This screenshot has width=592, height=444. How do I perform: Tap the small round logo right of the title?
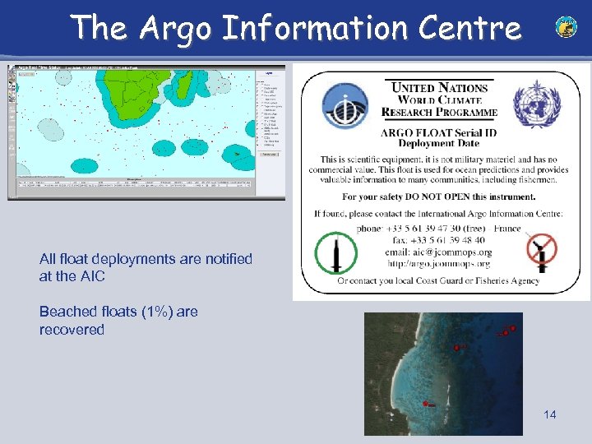coord(566,27)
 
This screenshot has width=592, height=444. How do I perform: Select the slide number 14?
coord(549,414)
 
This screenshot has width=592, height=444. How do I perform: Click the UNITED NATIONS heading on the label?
coord(439,88)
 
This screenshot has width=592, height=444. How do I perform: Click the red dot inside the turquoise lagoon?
coord(425,403)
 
